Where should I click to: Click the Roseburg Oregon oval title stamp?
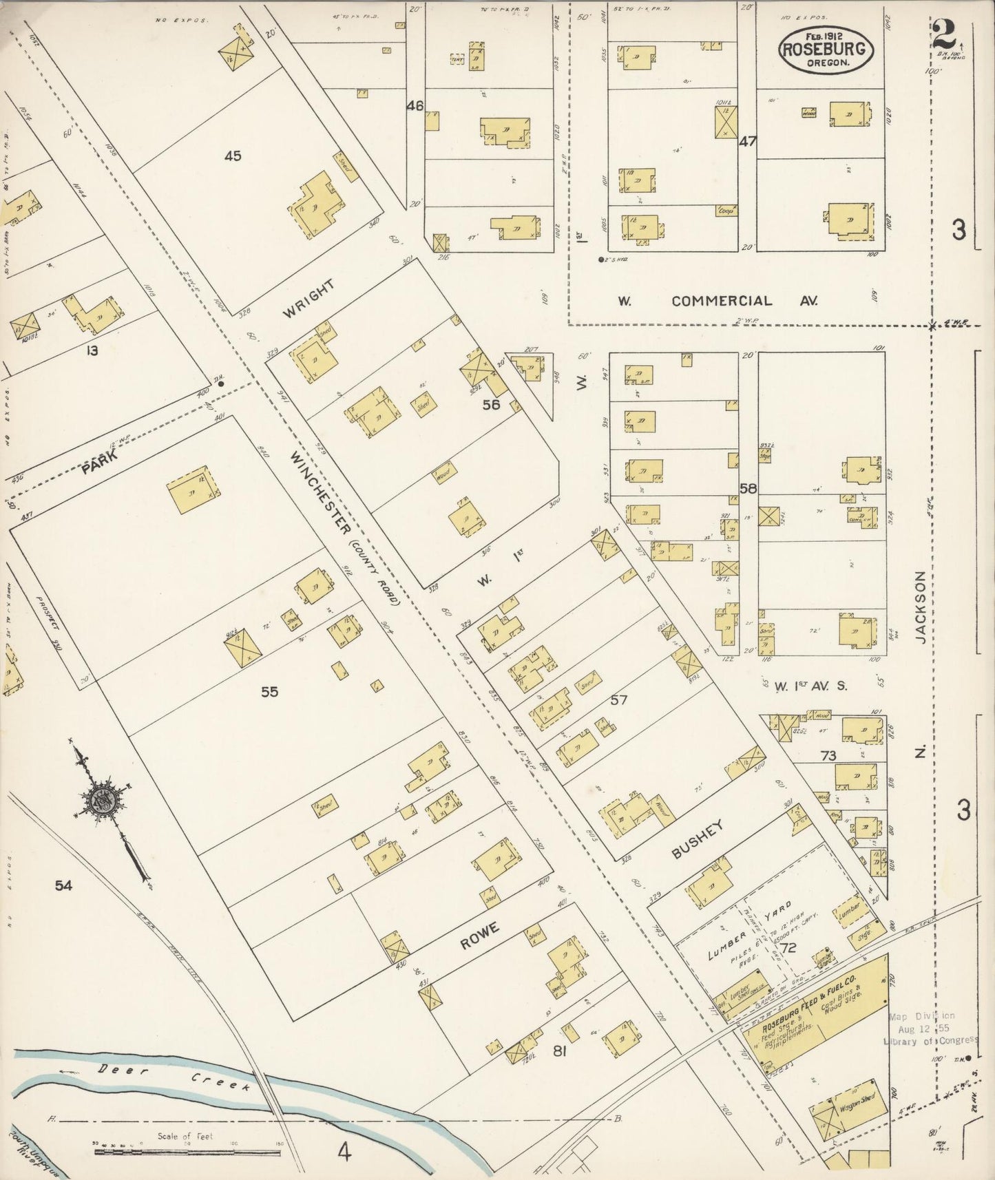click(x=826, y=50)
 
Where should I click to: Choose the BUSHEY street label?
click(x=698, y=840)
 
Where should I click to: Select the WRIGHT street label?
click(x=308, y=299)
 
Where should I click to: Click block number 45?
click(x=233, y=156)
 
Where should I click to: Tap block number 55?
click(x=269, y=692)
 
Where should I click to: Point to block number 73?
click(x=828, y=755)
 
